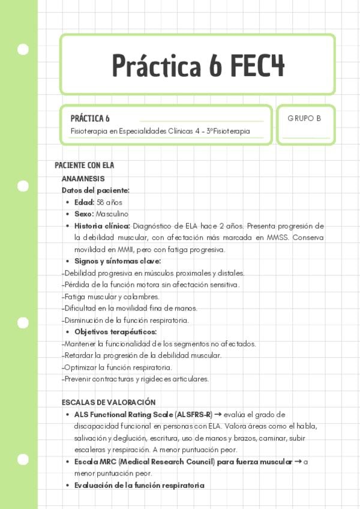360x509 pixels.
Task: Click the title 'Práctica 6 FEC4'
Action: pos(197,65)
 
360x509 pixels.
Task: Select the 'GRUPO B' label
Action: pos(304,118)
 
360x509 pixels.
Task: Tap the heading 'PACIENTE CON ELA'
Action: pos(84,166)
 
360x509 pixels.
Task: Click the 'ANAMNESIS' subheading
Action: pos(83,178)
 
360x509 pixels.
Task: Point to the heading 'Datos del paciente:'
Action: pos(95,190)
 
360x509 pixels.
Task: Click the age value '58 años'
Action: pos(109,202)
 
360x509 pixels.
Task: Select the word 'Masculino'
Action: pos(112,214)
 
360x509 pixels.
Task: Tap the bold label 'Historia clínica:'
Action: pos(102,226)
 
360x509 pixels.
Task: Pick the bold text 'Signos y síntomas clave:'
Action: pos(118,261)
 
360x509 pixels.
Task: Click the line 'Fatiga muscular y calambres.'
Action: pos(112,297)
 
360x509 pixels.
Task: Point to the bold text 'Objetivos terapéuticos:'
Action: pos(115,332)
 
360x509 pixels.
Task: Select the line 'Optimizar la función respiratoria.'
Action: pos(118,367)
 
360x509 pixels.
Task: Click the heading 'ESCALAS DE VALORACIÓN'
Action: pos(109,403)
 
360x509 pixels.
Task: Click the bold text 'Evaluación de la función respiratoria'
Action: pos(139,485)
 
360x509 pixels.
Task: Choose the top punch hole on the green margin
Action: pos(23,49)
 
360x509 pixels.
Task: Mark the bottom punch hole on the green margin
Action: pos(23,460)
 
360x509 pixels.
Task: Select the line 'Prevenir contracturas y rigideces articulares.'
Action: pos(136,379)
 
